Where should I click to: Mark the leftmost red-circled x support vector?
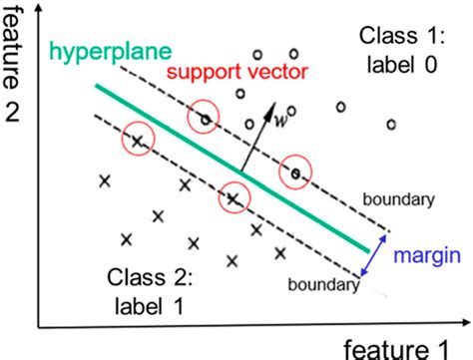pyautogui.click(x=140, y=141)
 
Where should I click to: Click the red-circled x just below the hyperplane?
pyautogui.click(x=234, y=197)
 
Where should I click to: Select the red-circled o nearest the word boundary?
pyautogui.click(x=295, y=174)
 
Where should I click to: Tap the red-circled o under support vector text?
pyautogui.click(x=206, y=119)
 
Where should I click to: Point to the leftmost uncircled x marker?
pyautogui.click(x=104, y=180)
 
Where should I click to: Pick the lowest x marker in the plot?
pyautogui.click(x=205, y=261)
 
